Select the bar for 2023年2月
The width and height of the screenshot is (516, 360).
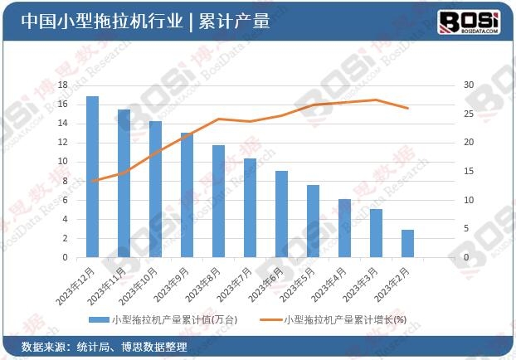pos(407,244)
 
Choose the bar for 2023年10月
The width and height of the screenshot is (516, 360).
pos(155,189)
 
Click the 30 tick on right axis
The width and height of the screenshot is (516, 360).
pos(468,85)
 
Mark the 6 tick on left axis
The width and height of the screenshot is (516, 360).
pos(65,200)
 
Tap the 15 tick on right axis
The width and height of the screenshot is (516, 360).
pos(468,172)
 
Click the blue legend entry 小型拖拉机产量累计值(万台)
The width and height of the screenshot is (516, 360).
pos(163,319)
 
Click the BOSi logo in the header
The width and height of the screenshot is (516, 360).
pos(469,21)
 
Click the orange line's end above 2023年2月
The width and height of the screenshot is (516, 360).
pos(407,108)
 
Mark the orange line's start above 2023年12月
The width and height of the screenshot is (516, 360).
pos(92,181)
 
